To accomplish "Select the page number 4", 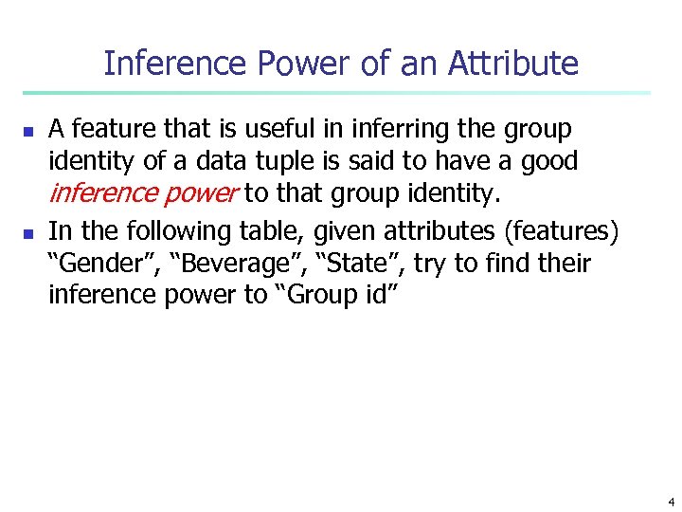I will click(671, 501).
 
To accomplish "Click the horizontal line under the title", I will click(336, 93).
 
